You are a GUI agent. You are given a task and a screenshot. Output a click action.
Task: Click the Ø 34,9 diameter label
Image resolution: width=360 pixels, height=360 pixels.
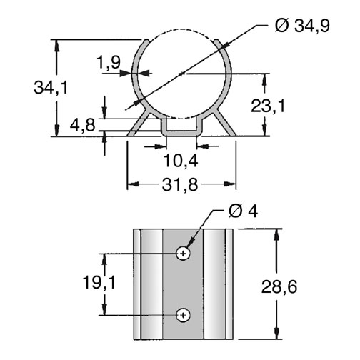click(x=302, y=26)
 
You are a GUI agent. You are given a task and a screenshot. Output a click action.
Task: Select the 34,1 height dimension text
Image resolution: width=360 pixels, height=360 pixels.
click(x=51, y=88)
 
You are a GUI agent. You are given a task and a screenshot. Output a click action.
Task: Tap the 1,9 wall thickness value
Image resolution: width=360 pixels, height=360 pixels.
click(x=109, y=62)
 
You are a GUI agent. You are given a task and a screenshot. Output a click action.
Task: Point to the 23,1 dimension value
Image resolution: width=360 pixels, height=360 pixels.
click(x=268, y=106)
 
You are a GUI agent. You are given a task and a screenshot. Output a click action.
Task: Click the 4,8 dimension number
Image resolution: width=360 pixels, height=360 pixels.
click(x=82, y=125)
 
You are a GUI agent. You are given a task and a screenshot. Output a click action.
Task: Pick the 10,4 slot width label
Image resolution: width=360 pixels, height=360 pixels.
click(x=181, y=161)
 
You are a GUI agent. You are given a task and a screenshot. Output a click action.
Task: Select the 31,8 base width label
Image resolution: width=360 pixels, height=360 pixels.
click(x=180, y=185)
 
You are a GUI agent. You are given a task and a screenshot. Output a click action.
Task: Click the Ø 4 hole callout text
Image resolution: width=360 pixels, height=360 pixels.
click(x=243, y=211)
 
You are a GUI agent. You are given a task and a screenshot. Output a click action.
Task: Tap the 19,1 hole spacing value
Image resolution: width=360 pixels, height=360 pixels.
click(x=99, y=283)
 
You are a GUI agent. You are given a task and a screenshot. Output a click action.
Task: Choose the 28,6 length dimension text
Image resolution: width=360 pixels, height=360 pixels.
click(x=279, y=286)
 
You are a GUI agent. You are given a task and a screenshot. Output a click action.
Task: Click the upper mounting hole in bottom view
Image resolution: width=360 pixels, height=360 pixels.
click(x=183, y=254)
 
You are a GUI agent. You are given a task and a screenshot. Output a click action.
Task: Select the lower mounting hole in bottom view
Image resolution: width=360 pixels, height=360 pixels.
click(x=183, y=315)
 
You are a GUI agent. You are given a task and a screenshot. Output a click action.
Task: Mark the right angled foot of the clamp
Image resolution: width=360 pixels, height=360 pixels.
click(x=224, y=124)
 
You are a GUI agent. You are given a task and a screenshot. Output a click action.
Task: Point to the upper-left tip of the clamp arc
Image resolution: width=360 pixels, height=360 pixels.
click(x=147, y=40)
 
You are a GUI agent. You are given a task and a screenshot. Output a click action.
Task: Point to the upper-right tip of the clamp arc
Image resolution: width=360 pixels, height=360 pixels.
click(x=216, y=40)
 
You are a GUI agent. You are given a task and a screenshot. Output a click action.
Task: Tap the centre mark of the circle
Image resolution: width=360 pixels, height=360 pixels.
click(x=181, y=74)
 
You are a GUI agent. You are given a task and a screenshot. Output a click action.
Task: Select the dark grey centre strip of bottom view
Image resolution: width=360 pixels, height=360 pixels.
click(x=183, y=284)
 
